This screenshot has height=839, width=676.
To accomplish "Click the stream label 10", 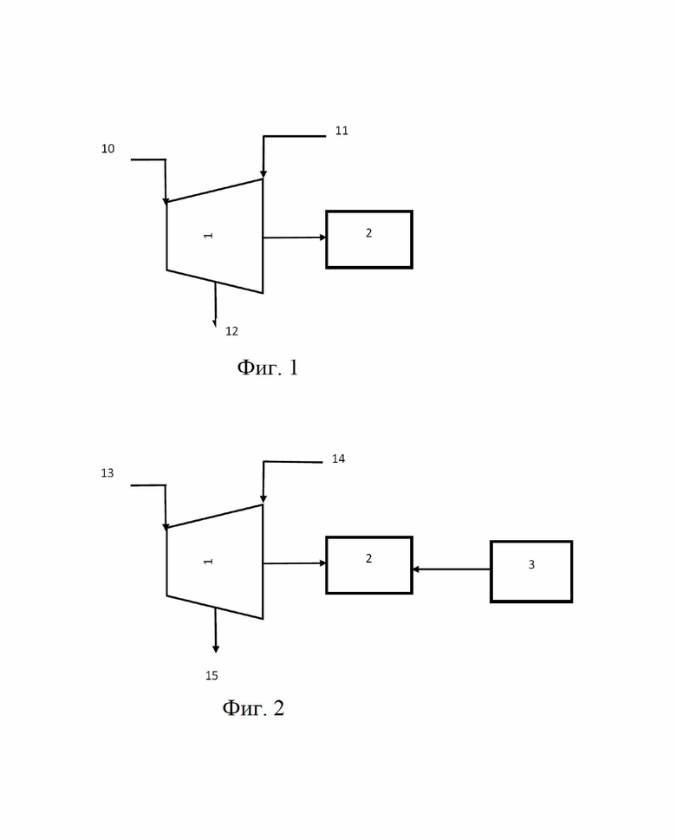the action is (x=107, y=149).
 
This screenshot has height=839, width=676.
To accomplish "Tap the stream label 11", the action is (x=341, y=131).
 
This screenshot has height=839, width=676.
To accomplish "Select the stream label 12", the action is (x=231, y=331).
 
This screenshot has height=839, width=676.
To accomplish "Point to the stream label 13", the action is (x=107, y=473).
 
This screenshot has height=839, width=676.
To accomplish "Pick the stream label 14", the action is (x=338, y=459).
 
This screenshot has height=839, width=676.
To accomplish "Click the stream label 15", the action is (x=211, y=676).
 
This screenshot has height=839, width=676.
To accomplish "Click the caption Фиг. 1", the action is (x=267, y=367).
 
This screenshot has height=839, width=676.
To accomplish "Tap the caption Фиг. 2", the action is (x=253, y=708).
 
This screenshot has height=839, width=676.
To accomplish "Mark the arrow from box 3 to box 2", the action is (x=452, y=569).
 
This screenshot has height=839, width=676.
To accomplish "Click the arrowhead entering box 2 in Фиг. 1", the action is (x=322, y=237).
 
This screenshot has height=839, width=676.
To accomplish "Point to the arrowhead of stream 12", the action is (x=215, y=323).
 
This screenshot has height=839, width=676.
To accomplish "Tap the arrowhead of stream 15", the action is (x=216, y=649).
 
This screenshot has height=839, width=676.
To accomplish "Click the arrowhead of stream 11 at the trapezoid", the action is (x=263, y=174).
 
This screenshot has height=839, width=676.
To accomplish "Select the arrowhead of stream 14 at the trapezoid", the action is (x=263, y=499).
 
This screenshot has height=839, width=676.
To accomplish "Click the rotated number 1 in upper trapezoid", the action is (x=209, y=236).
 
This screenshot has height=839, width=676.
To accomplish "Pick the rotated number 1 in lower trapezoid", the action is (x=209, y=562).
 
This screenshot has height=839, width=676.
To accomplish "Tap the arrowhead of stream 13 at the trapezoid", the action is (x=166, y=527).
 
